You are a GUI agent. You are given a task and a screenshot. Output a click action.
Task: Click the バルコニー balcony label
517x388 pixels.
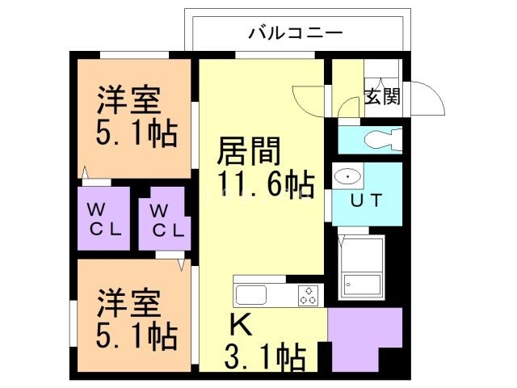295,33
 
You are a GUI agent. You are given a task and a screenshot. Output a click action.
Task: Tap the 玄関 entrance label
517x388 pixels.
382,97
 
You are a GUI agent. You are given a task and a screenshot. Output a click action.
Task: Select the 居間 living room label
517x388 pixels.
249,151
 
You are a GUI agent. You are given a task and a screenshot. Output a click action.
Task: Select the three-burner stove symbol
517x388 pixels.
309,295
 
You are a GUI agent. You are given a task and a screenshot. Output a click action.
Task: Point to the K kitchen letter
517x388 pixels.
241,324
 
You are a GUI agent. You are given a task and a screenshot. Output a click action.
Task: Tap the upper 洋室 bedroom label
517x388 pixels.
128,101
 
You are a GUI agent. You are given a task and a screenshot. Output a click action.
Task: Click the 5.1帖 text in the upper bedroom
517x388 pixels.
137,134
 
